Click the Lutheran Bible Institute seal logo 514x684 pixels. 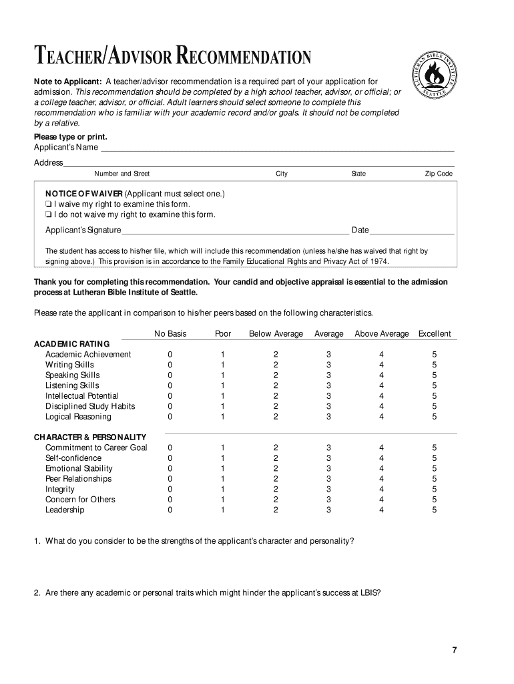tap(437, 79)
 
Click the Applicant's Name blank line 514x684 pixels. tap(276, 148)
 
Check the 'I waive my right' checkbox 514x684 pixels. tap(49, 204)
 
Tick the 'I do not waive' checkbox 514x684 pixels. tap(49, 215)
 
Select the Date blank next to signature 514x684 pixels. tap(412, 231)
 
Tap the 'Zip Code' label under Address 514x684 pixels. tap(439, 174)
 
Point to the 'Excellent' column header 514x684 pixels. tap(434, 334)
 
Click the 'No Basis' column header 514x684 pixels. tap(170, 334)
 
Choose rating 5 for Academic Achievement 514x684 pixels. tap(434, 355)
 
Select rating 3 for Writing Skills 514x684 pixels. tap(328, 365)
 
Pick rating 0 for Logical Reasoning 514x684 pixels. tap(170, 417)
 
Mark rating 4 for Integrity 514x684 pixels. tap(381, 490)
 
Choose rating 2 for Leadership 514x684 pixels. tap(275, 510)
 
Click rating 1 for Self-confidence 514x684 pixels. tap(223, 458)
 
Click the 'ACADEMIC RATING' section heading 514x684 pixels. tap(71, 344)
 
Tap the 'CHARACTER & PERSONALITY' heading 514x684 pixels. tap(90, 438)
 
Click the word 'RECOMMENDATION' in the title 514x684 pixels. tap(244, 59)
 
